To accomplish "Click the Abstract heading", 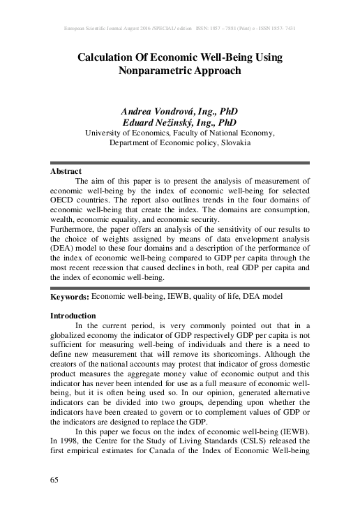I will point(66,171).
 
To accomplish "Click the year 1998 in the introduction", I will point(68,413).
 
